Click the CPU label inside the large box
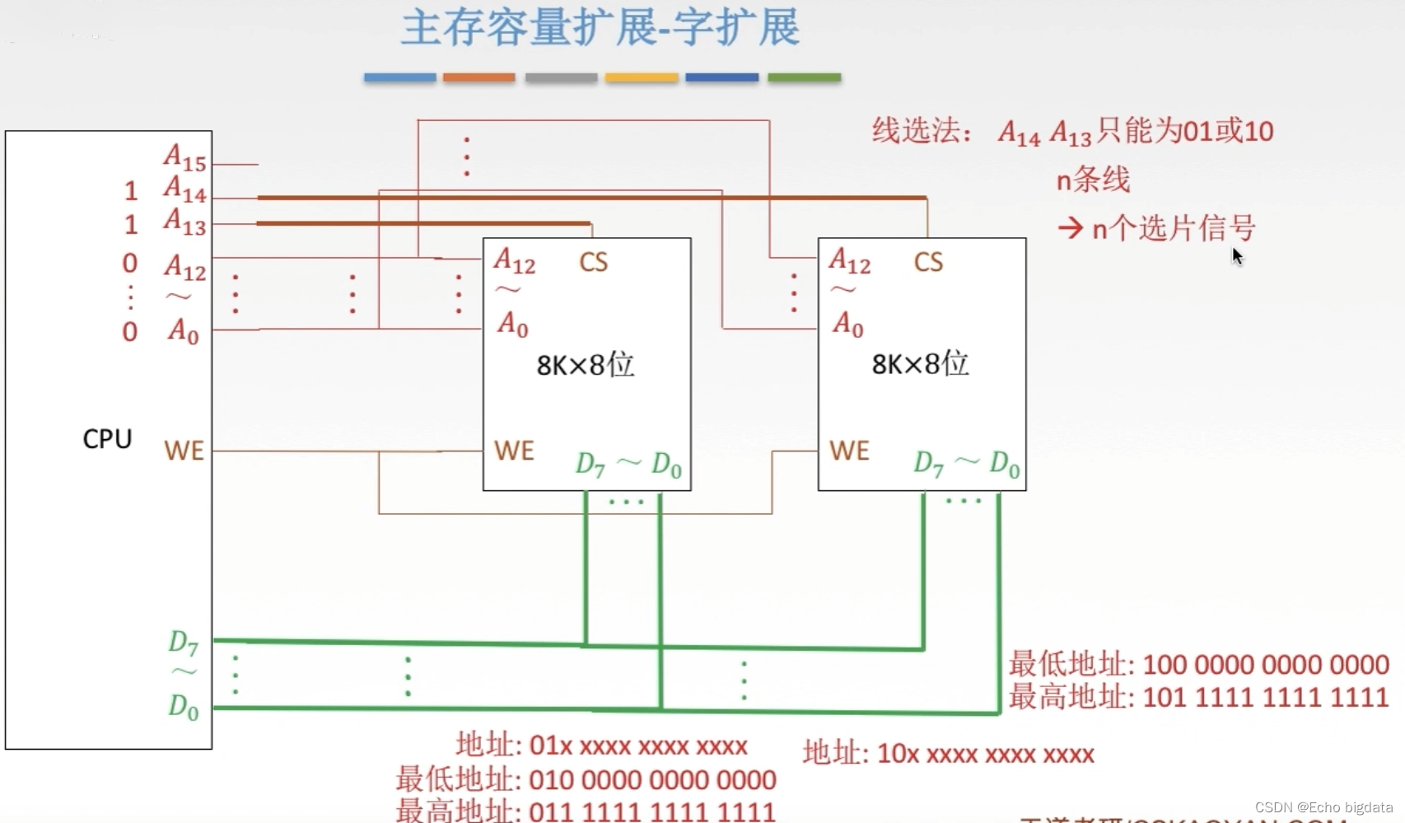(107, 438)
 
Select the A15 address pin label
(184, 157)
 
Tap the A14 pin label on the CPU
(184, 190)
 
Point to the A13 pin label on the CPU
(184, 222)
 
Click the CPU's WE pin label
(184, 451)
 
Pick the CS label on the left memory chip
(593, 263)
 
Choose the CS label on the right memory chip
(928, 263)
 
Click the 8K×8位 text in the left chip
(586, 364)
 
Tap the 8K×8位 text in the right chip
(920, 363)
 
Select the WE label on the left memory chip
(514, 451)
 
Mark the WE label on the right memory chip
(849, 451)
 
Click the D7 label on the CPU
(184, 643)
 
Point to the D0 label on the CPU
(184, 707)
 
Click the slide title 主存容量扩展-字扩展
(600, 27)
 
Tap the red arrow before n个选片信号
(1070, 227)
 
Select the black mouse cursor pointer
(1237, 256)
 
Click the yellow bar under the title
(642, 77)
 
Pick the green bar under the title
(804, 77)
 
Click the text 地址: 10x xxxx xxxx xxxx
(949, 754)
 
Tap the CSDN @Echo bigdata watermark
(1323, 807)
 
